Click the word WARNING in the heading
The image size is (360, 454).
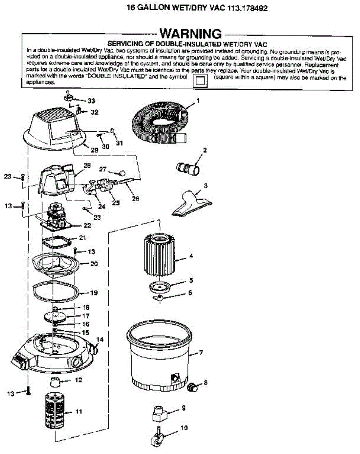190,33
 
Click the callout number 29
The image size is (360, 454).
94,150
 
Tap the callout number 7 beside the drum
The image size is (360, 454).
201,353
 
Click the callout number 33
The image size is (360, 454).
91,101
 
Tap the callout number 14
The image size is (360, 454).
100,340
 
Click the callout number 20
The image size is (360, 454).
94,264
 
